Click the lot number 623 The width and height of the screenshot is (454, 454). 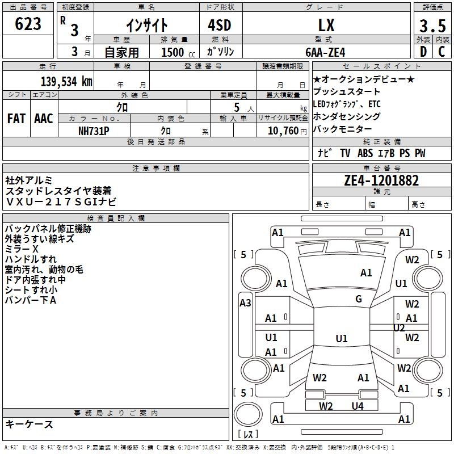[28, 24]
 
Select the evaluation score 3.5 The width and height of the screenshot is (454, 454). [431, 26]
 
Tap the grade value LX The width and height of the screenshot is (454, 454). [327, 25]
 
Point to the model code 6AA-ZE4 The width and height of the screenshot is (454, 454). [325, 52]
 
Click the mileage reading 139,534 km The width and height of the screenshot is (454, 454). [66, 81]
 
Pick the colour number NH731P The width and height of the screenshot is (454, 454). [94, 130]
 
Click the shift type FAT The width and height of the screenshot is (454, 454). [16, 119]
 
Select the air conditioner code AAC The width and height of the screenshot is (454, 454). [43, 119]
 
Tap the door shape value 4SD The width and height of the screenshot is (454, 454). [220, 25]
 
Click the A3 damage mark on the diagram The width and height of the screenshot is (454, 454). [245, 303]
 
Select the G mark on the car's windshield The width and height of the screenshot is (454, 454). [359, 299]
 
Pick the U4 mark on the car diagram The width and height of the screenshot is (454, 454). [357, 406]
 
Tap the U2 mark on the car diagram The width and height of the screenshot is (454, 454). [399, 328]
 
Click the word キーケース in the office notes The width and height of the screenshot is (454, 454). [29, 424]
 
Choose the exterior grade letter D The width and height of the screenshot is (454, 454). [423, 52]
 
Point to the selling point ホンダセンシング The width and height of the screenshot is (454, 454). [347, 117]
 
